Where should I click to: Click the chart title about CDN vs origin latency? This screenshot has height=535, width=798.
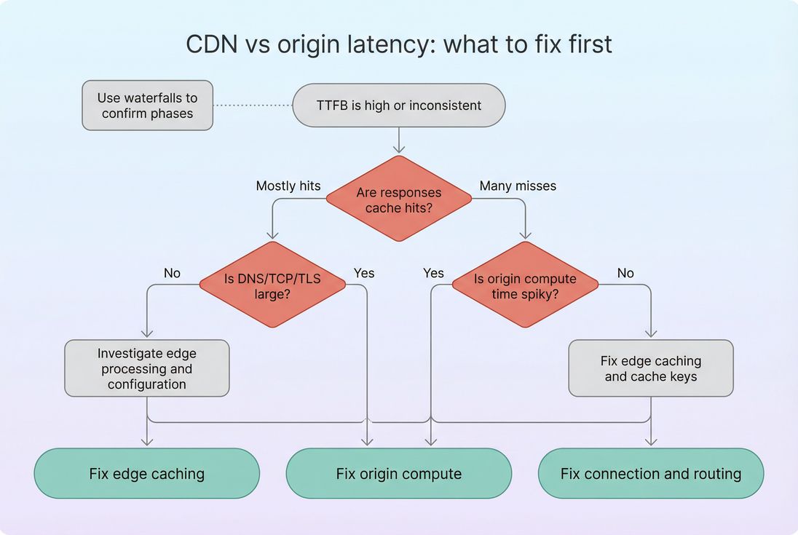[x=399, y=44]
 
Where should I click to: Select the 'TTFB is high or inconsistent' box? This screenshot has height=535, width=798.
[x=398, y=106]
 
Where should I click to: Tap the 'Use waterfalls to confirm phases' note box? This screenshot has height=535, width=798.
[x=148, y=106]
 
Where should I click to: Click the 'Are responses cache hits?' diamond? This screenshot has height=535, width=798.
[x=398, y=199]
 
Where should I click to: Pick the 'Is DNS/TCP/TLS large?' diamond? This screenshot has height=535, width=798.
[x=272, y=285]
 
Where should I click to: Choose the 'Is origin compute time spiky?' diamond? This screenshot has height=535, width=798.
[x=525, y=285]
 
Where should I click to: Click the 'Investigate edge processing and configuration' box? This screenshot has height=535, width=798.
[x=147, y=368]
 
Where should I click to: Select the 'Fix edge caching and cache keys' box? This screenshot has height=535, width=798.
[x=651, y=368]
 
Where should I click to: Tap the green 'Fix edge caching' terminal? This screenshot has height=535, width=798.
[x=147, y=474]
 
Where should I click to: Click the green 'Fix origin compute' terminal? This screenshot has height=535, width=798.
[x=398, y=474]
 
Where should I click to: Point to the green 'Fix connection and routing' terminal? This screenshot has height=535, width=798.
[x=651, y=474]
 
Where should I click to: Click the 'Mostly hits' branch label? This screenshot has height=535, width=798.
[x=288, y=186]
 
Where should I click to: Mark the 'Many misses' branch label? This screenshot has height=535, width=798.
[x=518, y=186]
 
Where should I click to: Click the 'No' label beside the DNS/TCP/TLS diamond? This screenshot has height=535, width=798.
[x=173, y=273]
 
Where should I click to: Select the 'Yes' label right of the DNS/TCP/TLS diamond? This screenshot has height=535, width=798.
[x=364, y=273]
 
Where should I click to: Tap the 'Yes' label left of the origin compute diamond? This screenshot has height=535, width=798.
[x=433, y=273]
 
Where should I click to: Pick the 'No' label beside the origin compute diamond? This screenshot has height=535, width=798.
[x=625, y=273]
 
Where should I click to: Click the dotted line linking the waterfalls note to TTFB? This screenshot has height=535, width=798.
[x=253, y=106]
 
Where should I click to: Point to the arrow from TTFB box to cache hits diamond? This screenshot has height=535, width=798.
[x=398, y=140]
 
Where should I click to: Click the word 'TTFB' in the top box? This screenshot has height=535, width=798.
[x=332, y=106]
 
